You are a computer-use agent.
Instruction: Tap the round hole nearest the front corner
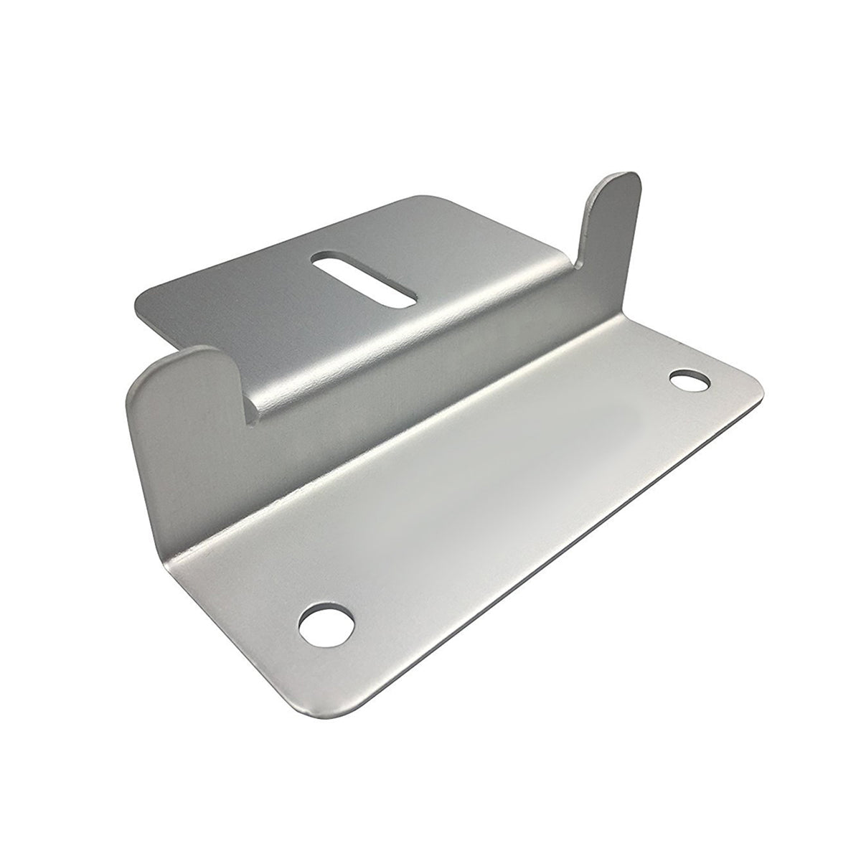coord(327,621)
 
